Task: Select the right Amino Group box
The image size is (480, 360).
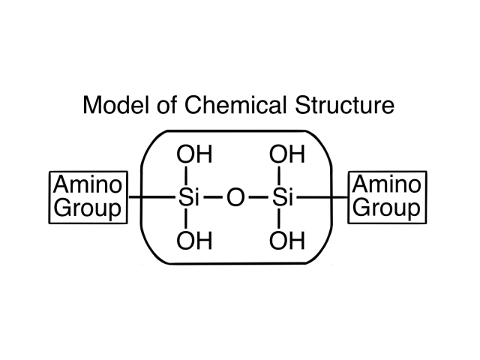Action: [386, 196]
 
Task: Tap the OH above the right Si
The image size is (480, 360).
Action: [286, 156]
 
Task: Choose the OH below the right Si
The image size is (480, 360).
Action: [286, 241]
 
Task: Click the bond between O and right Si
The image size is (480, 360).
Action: [259, 199]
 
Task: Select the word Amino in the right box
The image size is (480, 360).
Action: [386, 184]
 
